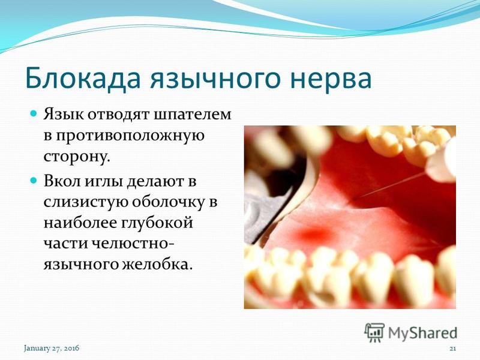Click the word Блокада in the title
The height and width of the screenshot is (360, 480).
[83, 78]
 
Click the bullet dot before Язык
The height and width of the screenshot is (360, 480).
[34, 113]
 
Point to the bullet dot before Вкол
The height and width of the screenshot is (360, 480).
[34, 180]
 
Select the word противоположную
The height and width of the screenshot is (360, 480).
[124, 136]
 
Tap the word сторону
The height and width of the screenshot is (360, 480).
[77, 157]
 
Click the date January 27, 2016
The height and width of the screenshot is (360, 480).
[52, 349]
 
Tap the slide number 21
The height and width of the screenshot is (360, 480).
[453, 349]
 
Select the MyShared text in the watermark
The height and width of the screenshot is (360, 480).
[422, 333]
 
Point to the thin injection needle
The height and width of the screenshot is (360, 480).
[389, 186]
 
